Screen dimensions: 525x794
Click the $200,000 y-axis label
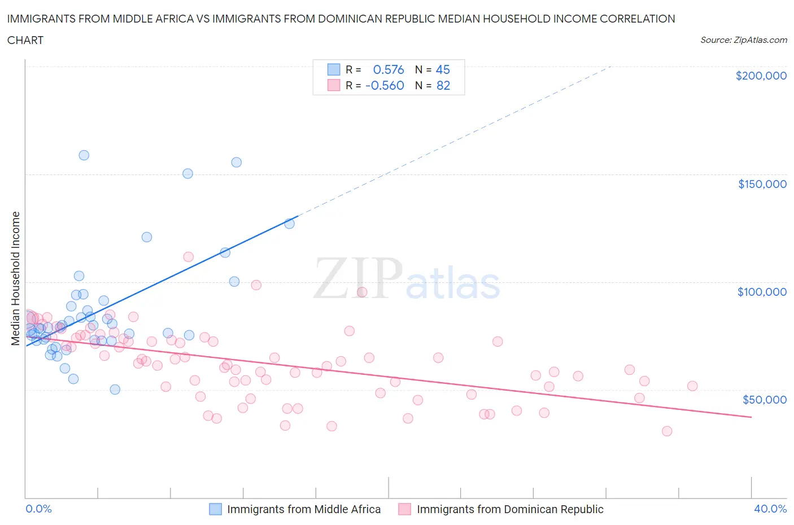pyautogui.click(x=761, y=76)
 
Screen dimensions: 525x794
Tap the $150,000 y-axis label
pyautogui.click(x=762, y=184)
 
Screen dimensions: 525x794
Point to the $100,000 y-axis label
pyautogui.click(x=762, y=292)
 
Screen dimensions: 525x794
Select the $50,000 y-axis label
pyautogui.click(x=764, y=400)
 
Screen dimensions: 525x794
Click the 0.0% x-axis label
pyautogui.click(x=38, y=509)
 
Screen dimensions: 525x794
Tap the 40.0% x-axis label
pyautogui.click(x=770, y=509)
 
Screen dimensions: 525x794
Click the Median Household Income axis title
pyautogui.click(x=16, y=278)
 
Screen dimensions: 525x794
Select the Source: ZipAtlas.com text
pyautogui.click(x=743, y=40)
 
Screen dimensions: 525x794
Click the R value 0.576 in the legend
pyautogui.click(x=389, y=69)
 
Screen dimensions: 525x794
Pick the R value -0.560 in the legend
pyautogui.click(x=385, y=85)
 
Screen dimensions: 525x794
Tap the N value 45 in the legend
pyautogui.click(x=443, y=69)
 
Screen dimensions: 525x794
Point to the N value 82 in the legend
pyautogui.click(x=443, y=85)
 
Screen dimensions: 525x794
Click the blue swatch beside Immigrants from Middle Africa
pyautogui.click(x=216, y=509)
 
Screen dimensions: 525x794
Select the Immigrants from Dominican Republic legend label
pyautogui.click(x=510, y=509)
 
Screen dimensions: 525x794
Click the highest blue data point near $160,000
pyautogui.click(x=84, y=155)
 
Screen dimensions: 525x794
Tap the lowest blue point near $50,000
pyautogui.click(x=115, y=390)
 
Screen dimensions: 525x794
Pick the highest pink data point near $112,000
pyautogui.click(x=188, y=257)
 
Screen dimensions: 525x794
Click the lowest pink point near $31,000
pyautogui.click(x=667, y=431)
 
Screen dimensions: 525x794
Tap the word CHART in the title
pyautogui.click(x=25, y=40)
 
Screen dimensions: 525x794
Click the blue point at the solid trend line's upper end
pyautogui.click(x=289, y=224)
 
